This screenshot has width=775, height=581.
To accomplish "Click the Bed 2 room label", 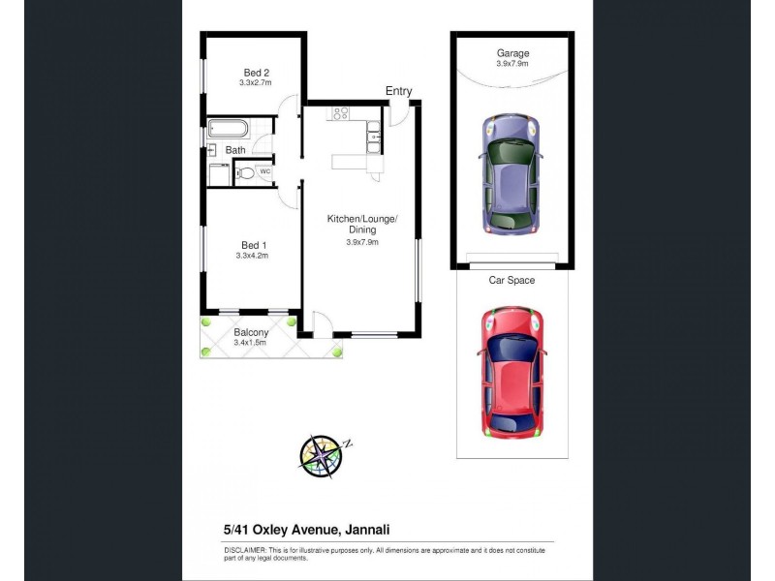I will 254,73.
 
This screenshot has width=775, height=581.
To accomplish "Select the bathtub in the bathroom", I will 230,129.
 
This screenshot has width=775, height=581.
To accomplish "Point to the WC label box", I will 264,172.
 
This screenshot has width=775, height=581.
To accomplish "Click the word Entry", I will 398,91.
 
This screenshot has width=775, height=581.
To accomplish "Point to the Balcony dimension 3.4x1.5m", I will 250,342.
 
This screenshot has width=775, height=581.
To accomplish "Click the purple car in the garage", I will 511,175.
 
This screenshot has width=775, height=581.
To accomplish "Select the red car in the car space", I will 511,370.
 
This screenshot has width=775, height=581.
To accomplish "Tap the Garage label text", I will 512,53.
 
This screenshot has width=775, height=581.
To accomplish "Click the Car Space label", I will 511,280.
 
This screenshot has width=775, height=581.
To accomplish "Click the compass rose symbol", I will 320,455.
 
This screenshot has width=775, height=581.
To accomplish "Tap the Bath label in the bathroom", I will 235,150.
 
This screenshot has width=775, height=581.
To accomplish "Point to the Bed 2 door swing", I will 287,109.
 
